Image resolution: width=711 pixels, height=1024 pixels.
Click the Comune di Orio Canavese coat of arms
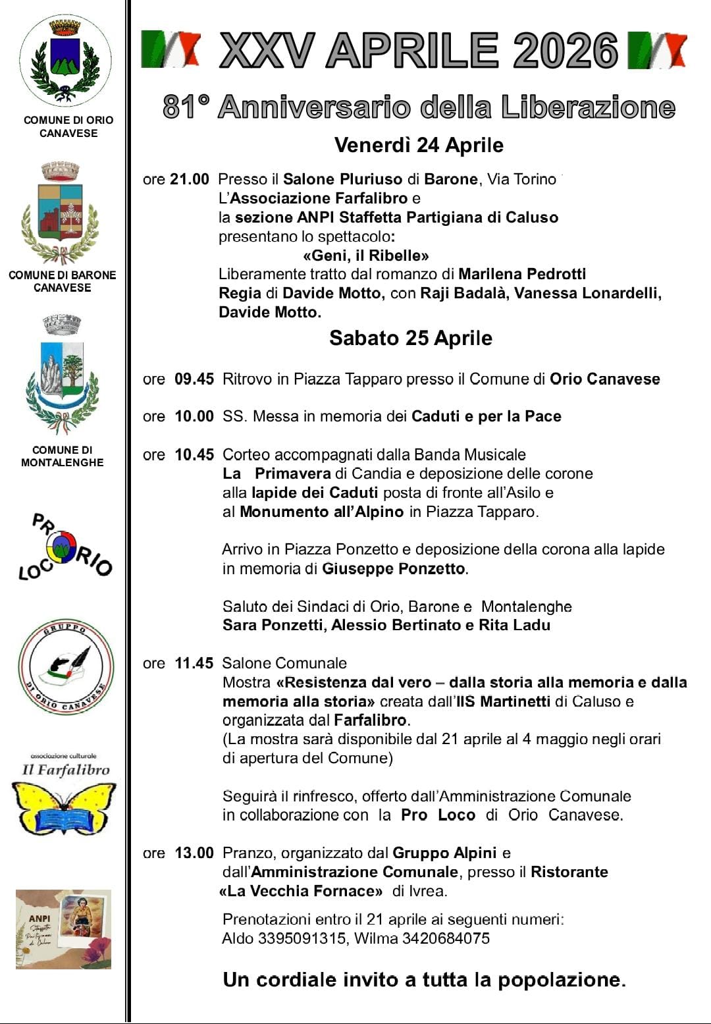point(65,61)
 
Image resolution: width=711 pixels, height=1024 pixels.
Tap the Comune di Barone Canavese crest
point(61,213)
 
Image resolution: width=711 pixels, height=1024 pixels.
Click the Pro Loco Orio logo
point(65,547)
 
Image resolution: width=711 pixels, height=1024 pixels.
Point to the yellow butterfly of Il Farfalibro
point(64,807)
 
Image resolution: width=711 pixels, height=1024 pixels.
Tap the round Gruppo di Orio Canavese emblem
point(66,667)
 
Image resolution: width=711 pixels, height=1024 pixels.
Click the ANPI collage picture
point(63,929)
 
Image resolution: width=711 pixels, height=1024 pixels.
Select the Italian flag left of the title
point(171,49)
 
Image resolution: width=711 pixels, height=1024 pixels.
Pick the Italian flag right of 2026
point(657,50)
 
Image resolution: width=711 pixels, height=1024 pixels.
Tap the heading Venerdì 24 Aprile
point(419,145)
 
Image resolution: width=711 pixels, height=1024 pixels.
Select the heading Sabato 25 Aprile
point(411,338)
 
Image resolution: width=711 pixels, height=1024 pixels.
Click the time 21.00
point(190,179)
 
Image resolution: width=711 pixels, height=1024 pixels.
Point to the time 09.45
point(194,379)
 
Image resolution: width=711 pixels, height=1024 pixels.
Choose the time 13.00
point(194,853)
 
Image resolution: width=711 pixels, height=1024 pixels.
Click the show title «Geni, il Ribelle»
point(366,256)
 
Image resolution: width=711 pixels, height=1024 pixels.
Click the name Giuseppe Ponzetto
point(393,568)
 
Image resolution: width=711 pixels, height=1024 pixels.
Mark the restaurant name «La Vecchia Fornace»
point(301,891)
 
